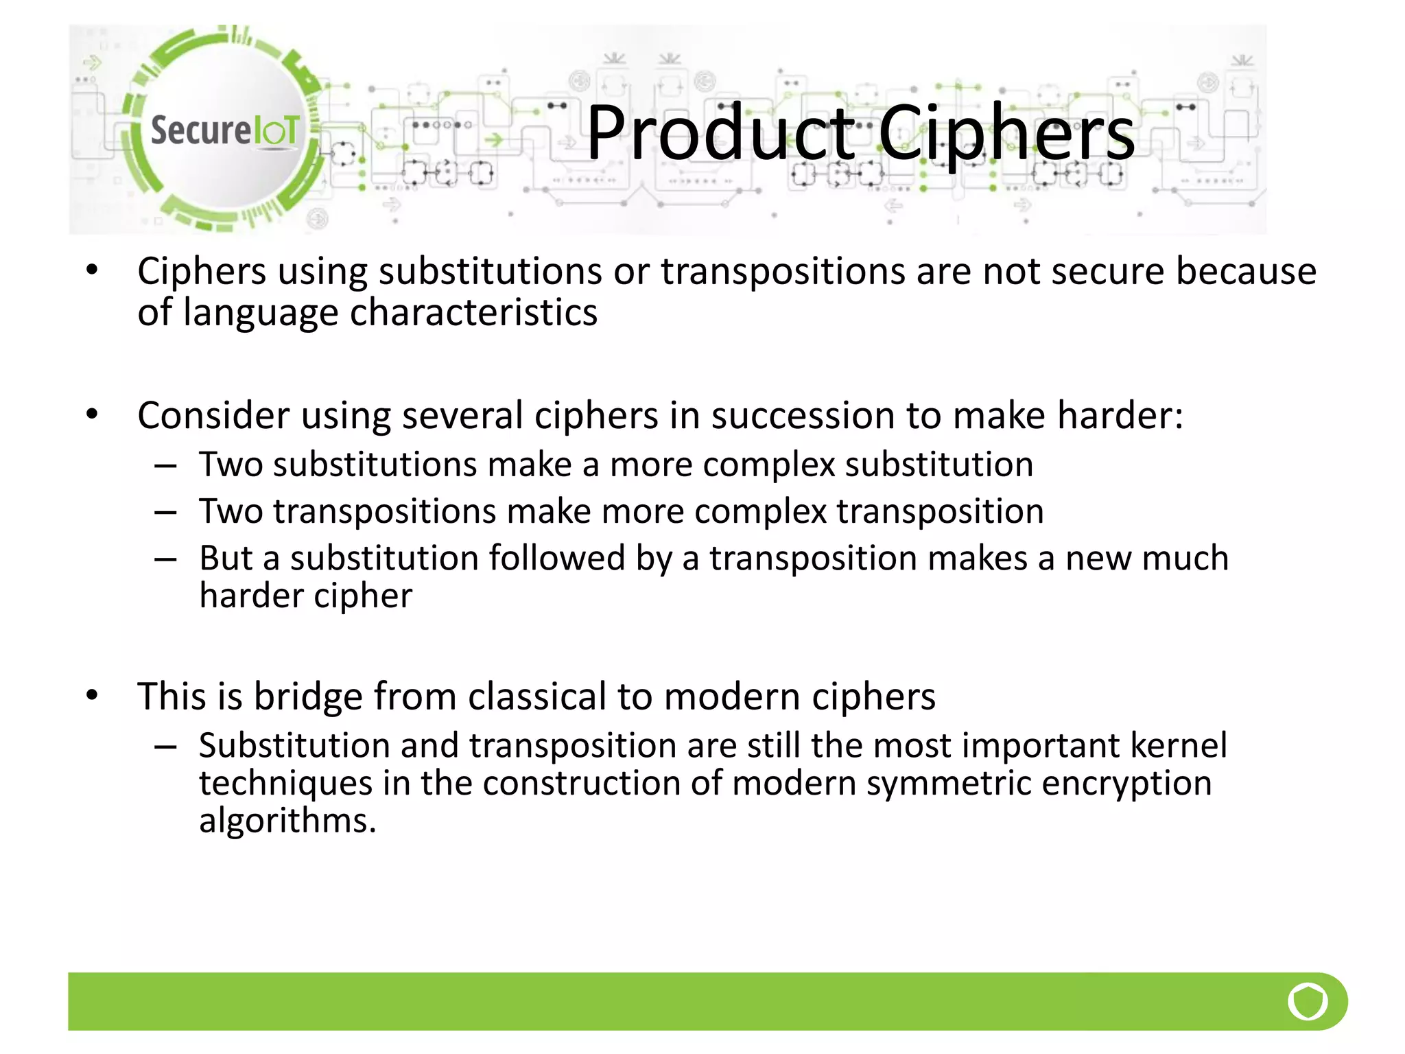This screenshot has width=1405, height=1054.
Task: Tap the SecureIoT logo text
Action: [224, 130]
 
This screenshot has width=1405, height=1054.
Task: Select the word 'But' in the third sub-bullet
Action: [226, 558]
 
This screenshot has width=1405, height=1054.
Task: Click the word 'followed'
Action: [556, 558]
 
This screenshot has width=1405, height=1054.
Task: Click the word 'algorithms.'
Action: [287, 821]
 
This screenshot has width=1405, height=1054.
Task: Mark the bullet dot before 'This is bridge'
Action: [93, 696]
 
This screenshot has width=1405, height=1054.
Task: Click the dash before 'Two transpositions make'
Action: [165, 513]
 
